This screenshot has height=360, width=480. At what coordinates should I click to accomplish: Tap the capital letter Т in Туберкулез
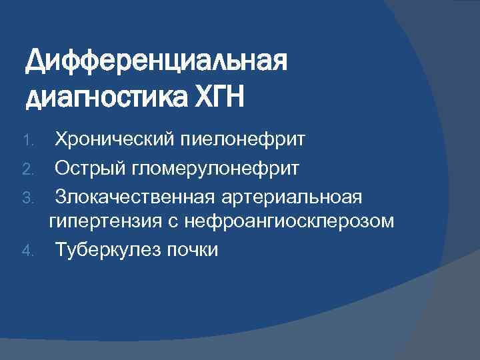point(60,250)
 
